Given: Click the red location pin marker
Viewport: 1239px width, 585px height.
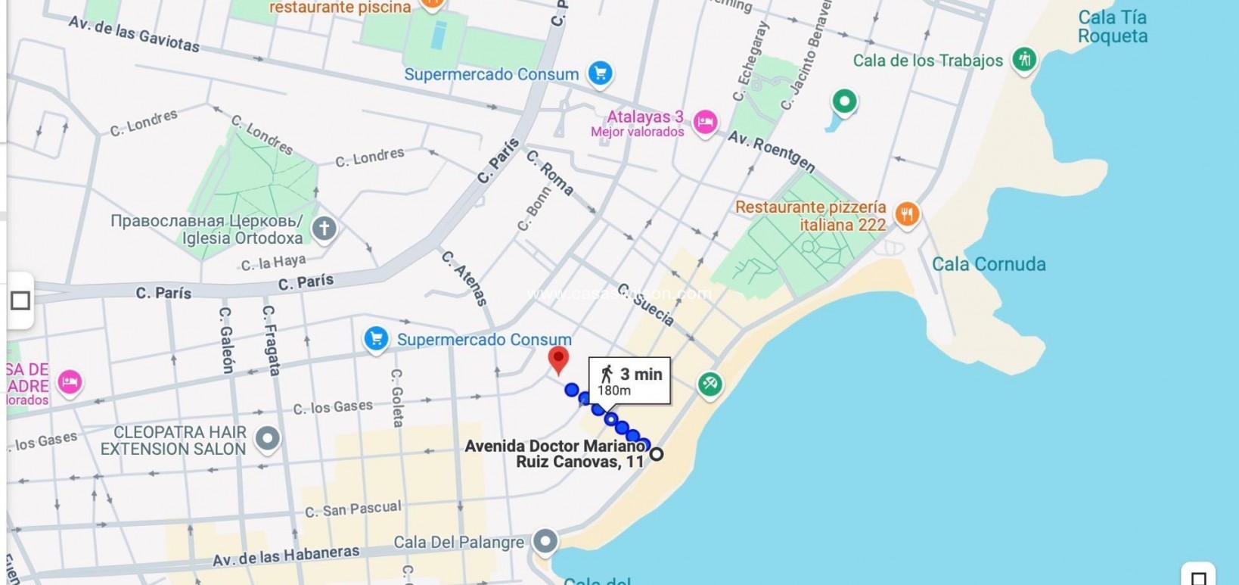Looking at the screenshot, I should (x=558, y=360).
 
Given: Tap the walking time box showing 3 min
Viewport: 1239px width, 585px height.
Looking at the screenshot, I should (x=629, y=381).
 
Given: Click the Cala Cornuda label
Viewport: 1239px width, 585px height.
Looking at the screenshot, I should (x=989, y=264).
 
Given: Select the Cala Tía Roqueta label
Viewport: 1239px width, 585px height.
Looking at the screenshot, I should (x=1112, y=26).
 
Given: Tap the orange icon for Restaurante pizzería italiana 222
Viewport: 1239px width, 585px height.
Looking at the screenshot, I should (x=907, y=214).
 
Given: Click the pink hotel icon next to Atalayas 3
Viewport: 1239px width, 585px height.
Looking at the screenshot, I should (x=705, y=122).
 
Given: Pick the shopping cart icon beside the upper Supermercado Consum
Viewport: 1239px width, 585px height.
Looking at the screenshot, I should (x=601, y=73).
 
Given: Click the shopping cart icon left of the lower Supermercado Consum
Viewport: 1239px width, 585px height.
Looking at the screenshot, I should (x=376, y=338).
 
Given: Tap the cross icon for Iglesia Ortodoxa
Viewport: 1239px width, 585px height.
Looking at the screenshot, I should (x=324, y=228).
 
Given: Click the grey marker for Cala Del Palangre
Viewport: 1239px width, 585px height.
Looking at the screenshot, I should (x=545, y=541).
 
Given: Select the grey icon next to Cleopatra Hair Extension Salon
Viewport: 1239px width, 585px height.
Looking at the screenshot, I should (x=268, y=438).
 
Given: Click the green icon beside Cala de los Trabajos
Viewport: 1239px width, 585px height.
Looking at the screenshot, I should (x=1024, y=59).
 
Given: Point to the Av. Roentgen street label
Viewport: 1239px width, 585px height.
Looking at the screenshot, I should (x=772, y=151).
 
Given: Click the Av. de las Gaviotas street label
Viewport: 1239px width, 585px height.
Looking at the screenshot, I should (x=134, y=34).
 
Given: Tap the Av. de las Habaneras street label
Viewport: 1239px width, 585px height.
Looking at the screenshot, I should (x=286, y=556).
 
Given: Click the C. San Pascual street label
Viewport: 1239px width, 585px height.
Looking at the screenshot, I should (x=352, y=509).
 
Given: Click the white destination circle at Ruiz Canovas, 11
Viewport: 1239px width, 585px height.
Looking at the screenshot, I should (x=657, y=454).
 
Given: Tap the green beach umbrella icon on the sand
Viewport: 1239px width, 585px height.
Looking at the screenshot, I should (x=710, y=384).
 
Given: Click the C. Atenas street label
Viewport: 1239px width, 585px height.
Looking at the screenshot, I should (x=464, y=278).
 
